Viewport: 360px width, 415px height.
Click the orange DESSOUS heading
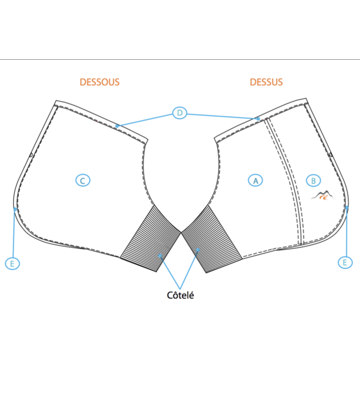coord(100,82)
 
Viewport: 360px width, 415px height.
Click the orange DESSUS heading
coord(266,82)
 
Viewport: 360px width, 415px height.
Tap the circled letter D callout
coord(179,113)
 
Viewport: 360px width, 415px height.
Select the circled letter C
coord(83,180)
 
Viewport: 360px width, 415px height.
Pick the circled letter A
coord(255,180)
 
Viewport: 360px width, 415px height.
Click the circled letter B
coord(313,180)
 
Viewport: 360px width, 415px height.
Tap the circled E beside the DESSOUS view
coord(12,263)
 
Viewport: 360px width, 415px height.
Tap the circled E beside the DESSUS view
coord(345,262)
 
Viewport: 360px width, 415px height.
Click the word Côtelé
coord(180,295)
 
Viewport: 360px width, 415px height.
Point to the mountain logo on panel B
coord(323,195)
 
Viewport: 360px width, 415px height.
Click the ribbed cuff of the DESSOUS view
coord(151,238)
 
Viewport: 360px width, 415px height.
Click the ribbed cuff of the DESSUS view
coord(212,238)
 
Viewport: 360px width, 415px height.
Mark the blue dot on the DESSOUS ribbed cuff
coord(160,256)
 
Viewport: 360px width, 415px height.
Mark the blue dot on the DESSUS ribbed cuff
coord(198,250)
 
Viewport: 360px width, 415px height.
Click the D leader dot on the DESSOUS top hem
coord(117,126)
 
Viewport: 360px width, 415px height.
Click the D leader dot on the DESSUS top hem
coord(258,119)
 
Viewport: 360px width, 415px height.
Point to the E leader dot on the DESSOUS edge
coord(15,209)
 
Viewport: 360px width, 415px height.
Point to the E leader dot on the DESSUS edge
coord(347,207)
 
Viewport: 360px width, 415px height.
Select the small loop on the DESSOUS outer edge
coord(30,154)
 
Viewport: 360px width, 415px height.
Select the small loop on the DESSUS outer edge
coord(331,154)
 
